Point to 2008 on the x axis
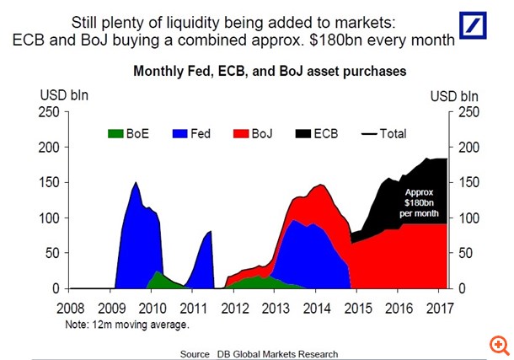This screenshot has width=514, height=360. coord(71,308)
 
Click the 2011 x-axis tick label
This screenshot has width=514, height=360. coord(194,308)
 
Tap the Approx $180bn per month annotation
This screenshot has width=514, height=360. coord(418,202)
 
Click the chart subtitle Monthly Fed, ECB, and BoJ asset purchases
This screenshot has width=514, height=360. coord(270,73)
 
